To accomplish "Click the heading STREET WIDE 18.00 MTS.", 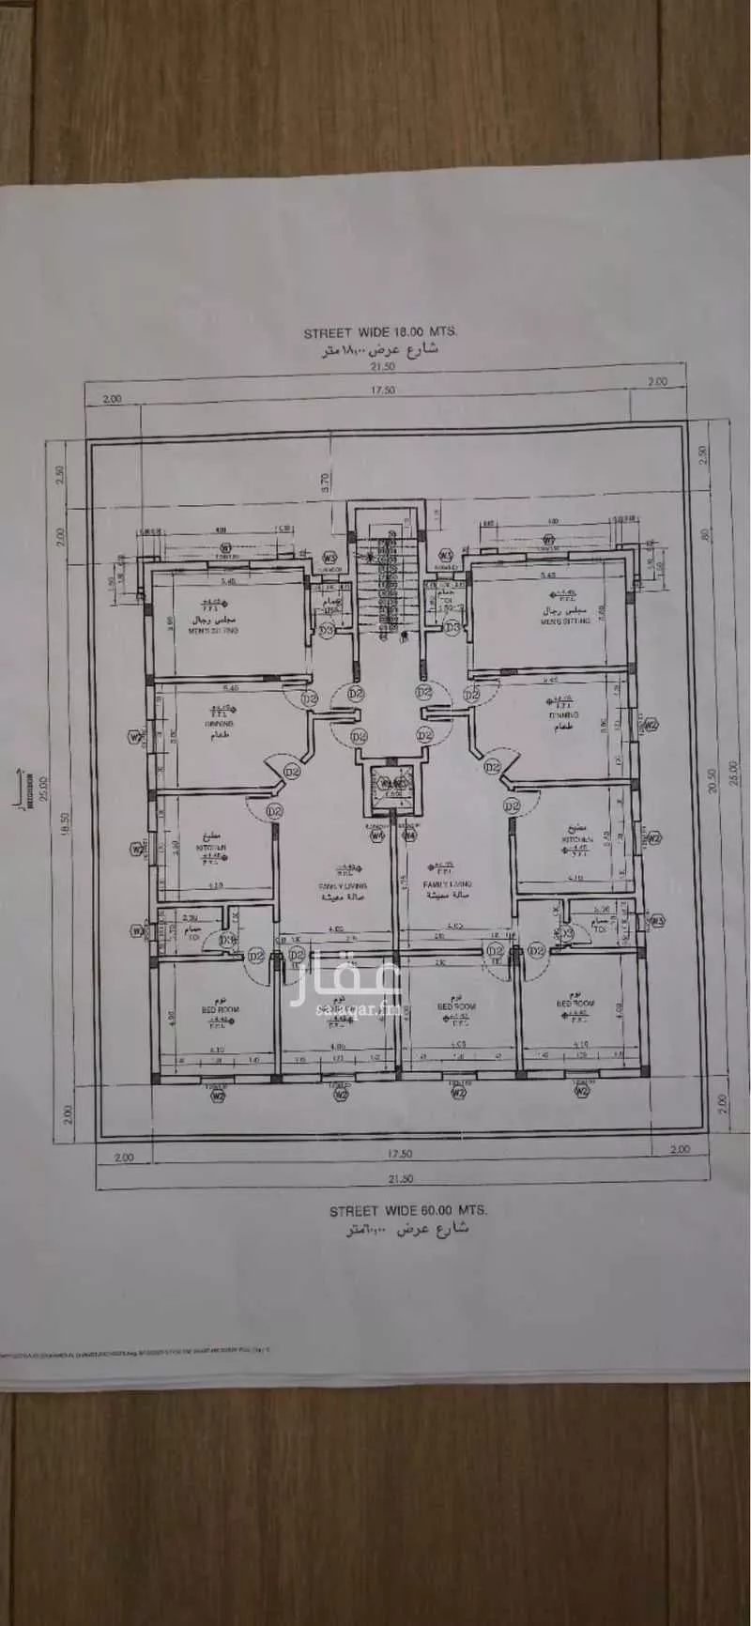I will (380, 332).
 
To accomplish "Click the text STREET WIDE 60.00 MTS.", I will (393, 1212).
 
